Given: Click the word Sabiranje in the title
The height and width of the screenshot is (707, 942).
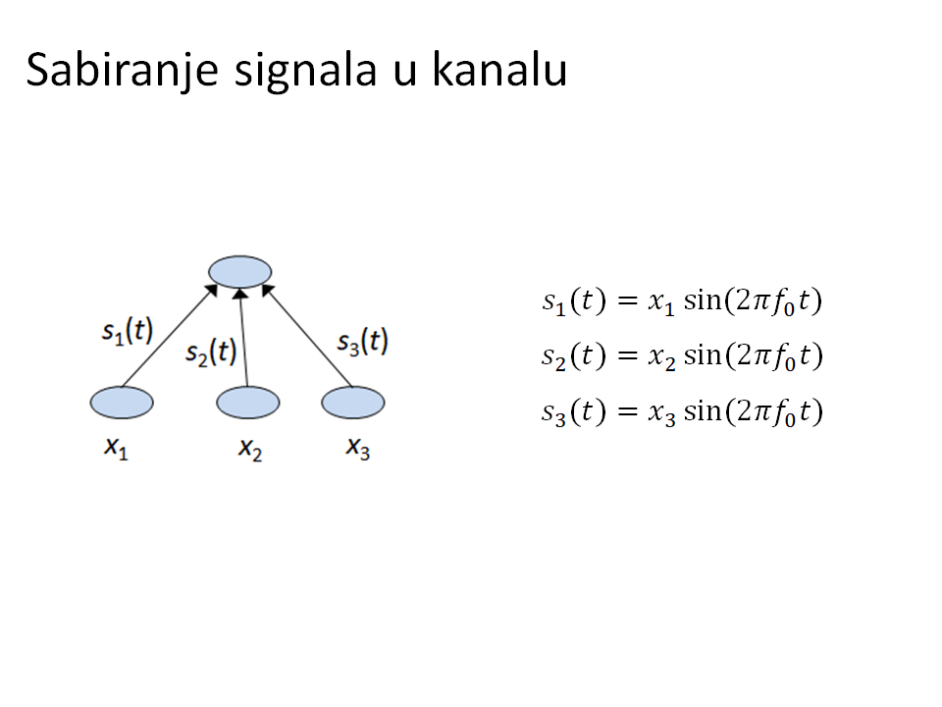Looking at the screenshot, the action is point(122,71).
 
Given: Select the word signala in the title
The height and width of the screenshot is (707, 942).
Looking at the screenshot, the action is point(306,71).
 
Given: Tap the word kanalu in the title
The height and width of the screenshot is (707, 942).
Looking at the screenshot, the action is point(499,70).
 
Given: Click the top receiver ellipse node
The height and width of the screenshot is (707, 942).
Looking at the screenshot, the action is point(239,272).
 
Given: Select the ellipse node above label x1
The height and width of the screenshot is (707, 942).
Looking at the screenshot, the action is point(122,403).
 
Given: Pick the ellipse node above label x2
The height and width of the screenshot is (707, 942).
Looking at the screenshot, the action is point(247,403).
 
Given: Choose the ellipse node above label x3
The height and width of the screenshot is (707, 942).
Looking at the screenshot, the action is point(352,403).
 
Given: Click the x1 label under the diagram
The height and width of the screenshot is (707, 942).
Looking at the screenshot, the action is point(116,448).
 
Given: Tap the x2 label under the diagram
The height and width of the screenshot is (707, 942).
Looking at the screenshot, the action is point(250,449).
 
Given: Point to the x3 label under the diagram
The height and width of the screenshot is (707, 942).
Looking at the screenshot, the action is point(357,448).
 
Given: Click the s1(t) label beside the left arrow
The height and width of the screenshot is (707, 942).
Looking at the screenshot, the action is point(128,331).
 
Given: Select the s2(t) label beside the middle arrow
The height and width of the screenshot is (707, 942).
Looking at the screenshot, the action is point(211,352).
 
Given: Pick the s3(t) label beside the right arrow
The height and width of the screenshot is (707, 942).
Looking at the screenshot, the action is point(362,342).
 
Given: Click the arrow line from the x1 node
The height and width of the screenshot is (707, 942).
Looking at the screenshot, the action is point(170,336).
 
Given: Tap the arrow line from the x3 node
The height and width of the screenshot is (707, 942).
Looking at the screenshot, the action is point(306,336).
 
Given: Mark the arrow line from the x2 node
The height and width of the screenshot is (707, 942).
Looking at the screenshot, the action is point(243,337).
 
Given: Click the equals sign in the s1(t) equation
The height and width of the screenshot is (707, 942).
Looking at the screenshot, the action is point(627,300).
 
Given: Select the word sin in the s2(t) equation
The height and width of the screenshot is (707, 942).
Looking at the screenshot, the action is point(703,354).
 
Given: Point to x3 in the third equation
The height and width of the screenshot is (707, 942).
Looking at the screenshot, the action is point(661,413).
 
